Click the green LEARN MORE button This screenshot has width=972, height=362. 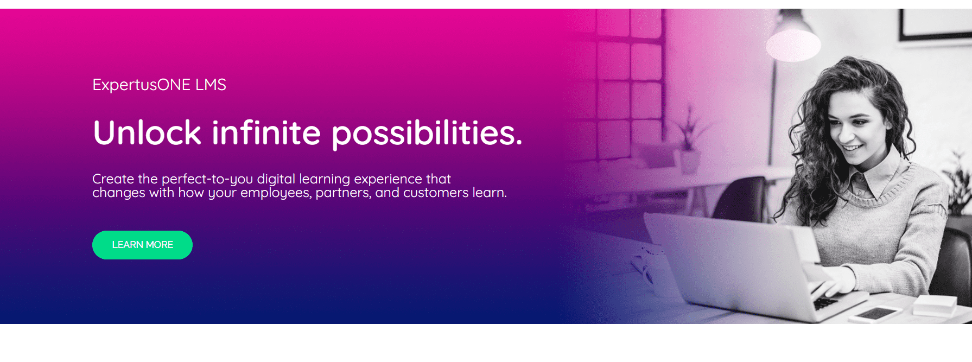[x=142, y=245]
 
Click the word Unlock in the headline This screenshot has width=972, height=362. [x=147, y=133]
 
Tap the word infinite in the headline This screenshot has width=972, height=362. [x=266, y=133]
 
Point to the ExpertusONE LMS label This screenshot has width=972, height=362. [x=159, y=85]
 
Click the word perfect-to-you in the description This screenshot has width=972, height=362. [x=207, y=179]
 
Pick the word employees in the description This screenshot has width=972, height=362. [x=276, y=193]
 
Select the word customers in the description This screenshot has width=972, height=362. [x=436, y=193]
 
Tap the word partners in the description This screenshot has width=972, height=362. [x=344, y=193]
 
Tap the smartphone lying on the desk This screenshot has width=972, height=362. [x=873, y=314]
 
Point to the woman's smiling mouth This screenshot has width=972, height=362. [x=852, y=148]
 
